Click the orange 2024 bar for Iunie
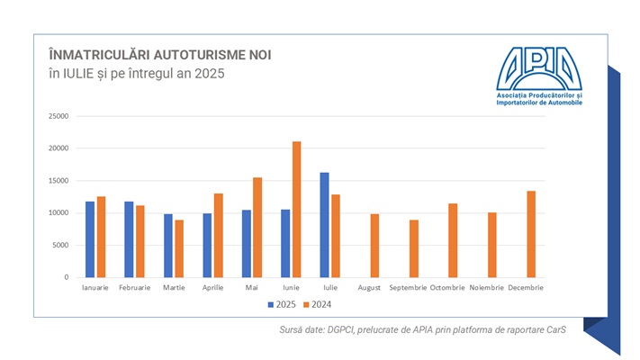click(x=296, y=210)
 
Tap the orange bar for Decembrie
click(x=530, y=234)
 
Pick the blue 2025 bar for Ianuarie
click(x=89, y=239)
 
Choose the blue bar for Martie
click(x=167, y=246)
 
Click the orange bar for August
click(x=374, y=246)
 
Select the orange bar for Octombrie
click(x=453, y=240)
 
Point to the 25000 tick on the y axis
click(x=59, y=116)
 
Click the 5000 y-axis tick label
click(x=61, y=245)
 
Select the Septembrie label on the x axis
click(x=408, y=287)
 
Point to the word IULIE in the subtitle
click(x=80, y=73)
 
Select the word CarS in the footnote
click(x=563, y=331)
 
